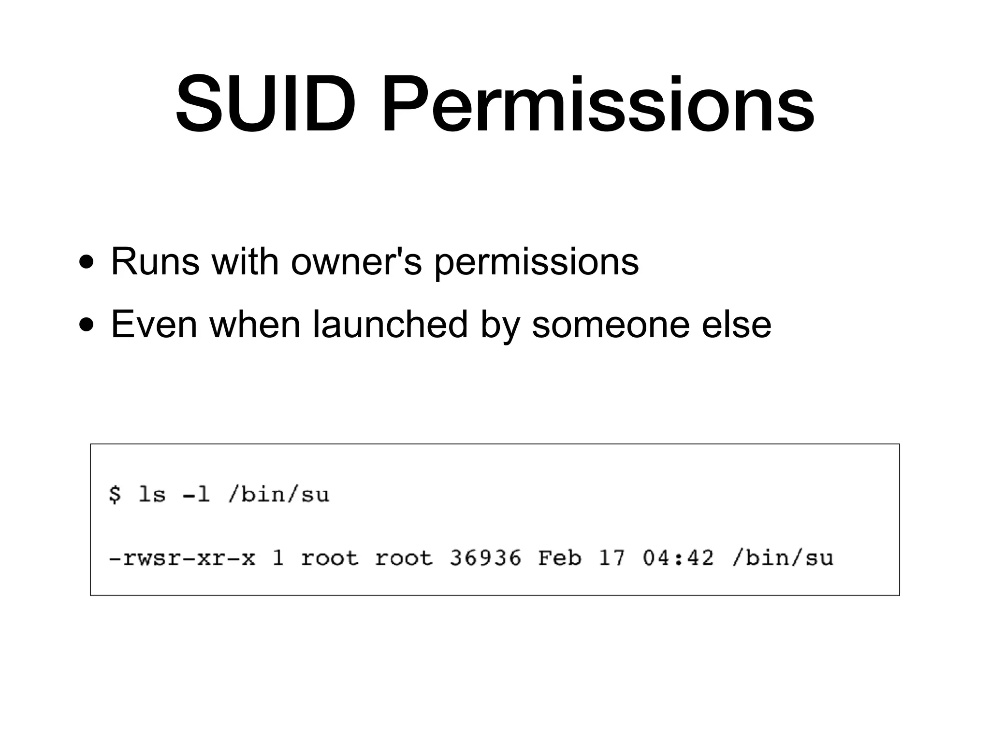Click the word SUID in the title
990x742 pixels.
(x=265, y=103)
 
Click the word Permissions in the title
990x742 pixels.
(x=597, y=103)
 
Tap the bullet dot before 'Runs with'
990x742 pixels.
(x=87, y=263)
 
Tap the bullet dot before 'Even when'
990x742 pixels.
(x=87, y=326)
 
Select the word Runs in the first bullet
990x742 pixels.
(x=155, y=261)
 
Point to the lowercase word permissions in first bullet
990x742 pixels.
(x=536, y=263)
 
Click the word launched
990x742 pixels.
(x=390, y=324)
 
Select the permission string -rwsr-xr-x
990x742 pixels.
(x=182, y=558)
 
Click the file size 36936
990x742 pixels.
(x=485, y=558)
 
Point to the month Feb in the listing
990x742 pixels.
(x=559, y=558)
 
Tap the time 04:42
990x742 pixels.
(x=678, y=558)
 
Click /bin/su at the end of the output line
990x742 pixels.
(x=783, y=558)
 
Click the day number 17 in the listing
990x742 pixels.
(x=611, y=558)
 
